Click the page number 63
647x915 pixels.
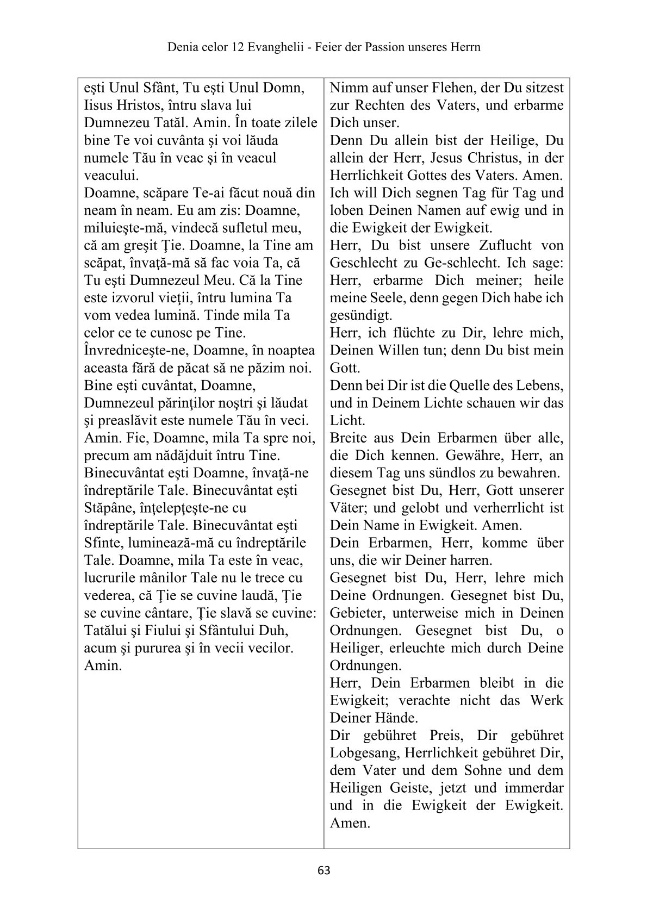[x=323, y=870]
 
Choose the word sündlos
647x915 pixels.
[x=467, y=473]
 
